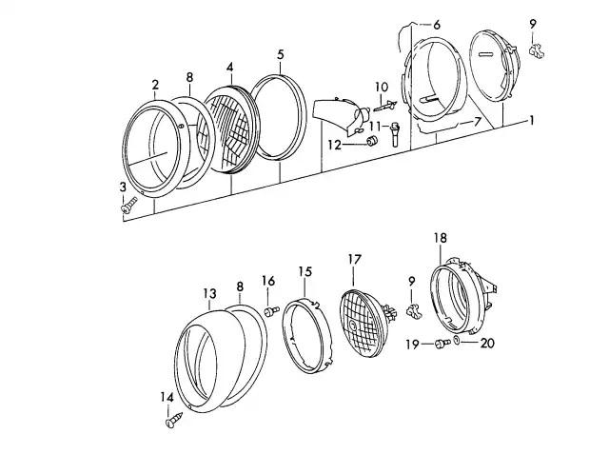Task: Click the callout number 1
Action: click(x=532, y=120)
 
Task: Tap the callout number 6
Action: click(x=437, y=24)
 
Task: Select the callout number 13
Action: click(x=210, y=293)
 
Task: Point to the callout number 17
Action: click(x=354, y=258)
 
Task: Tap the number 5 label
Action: click(x=280, y=54)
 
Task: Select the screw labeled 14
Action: click(x=174, y=415)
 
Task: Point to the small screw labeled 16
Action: click(x=271, y=310)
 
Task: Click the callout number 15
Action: click(x=305, y=271)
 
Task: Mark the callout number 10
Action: click(x=381, y=87)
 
